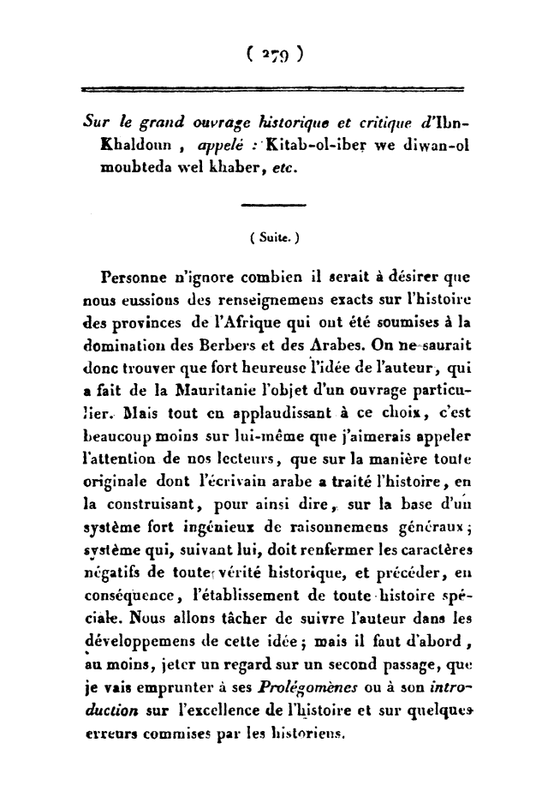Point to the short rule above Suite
click(274, 204)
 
